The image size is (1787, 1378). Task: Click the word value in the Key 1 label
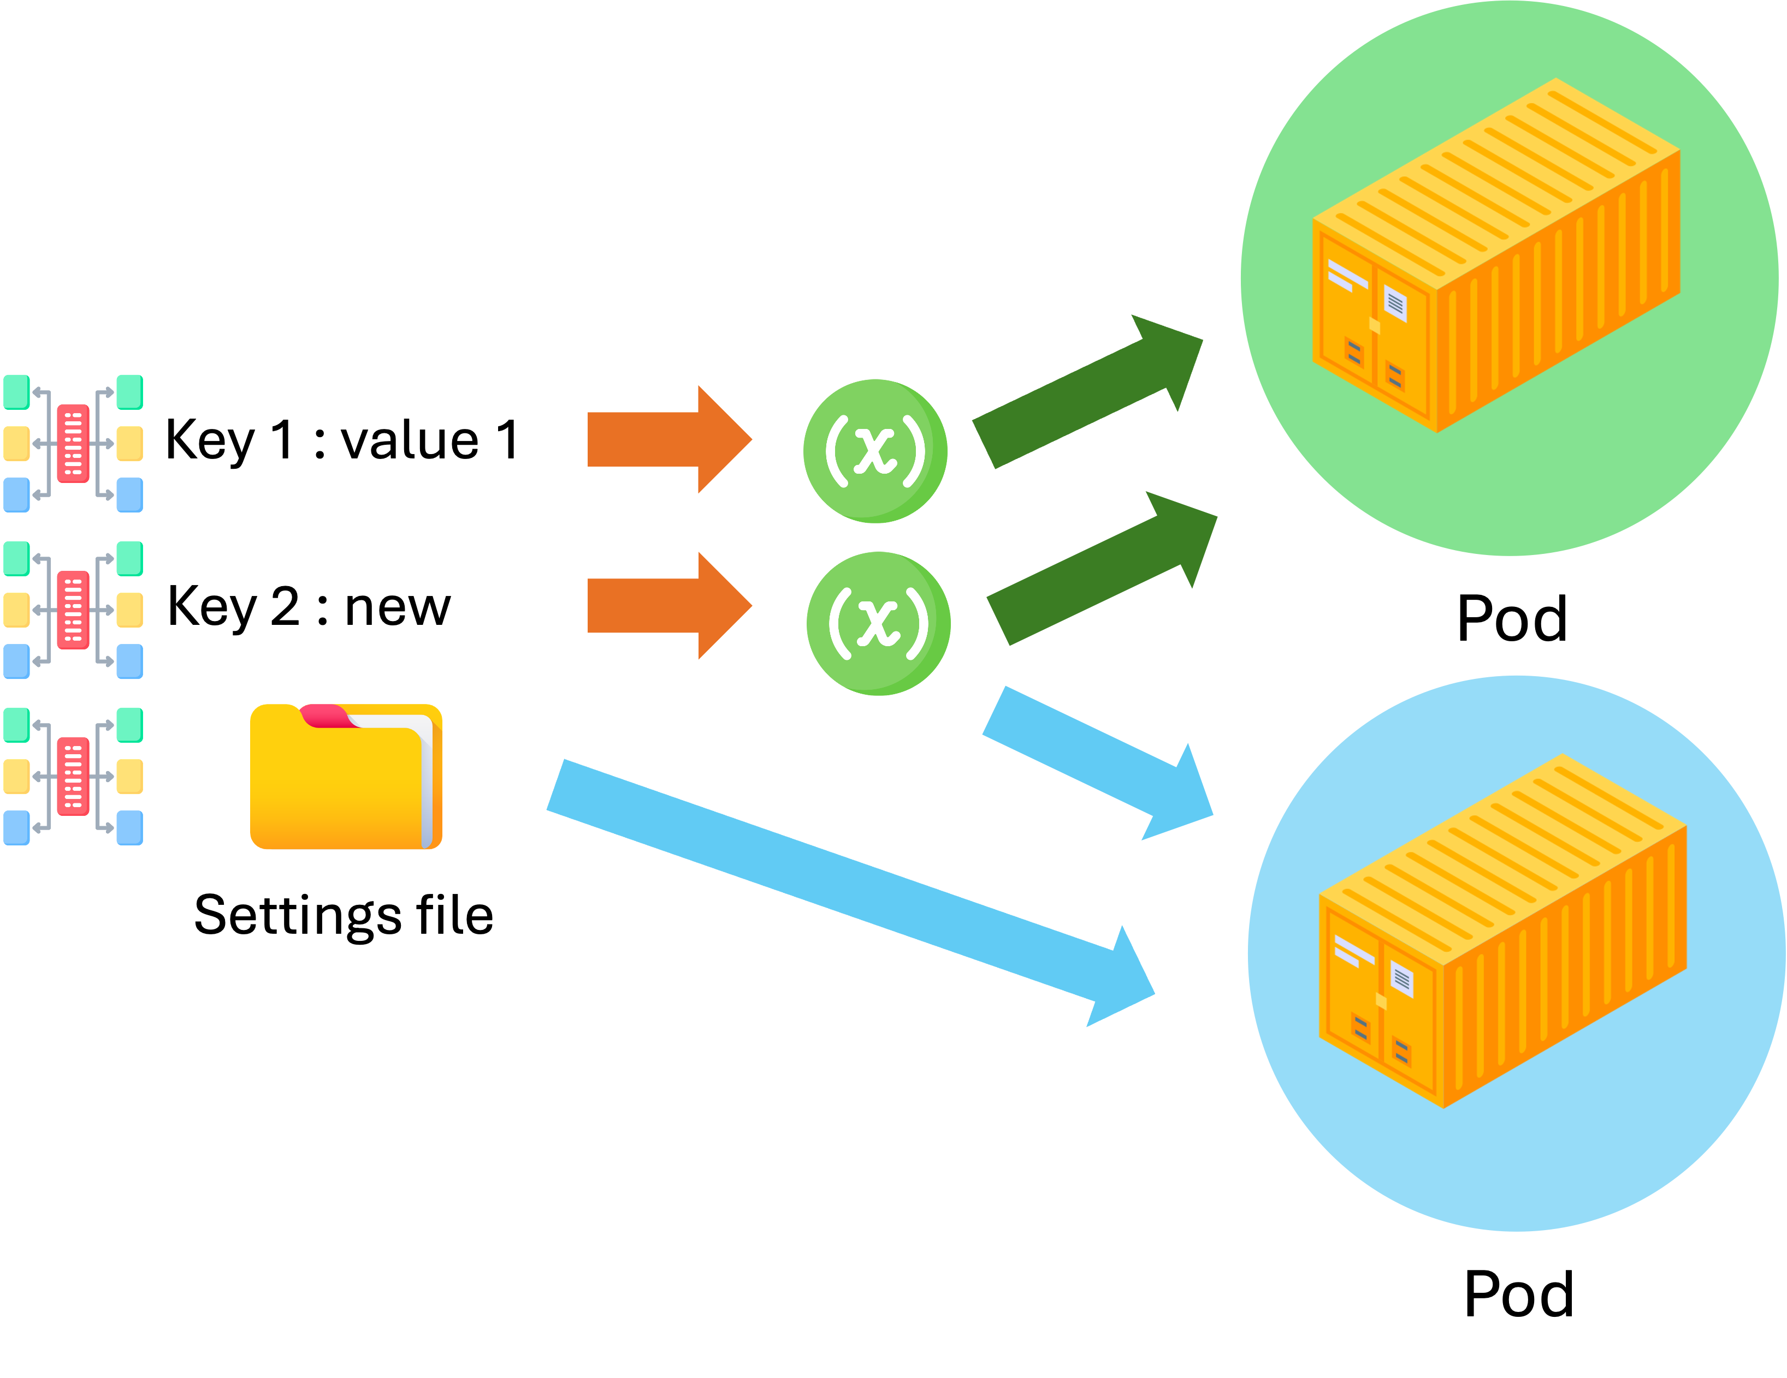click(x=409, y=442)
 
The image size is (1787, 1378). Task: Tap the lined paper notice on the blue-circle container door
click(x=1401, y=979)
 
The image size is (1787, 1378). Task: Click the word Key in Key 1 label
click(x=210, y=442)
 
